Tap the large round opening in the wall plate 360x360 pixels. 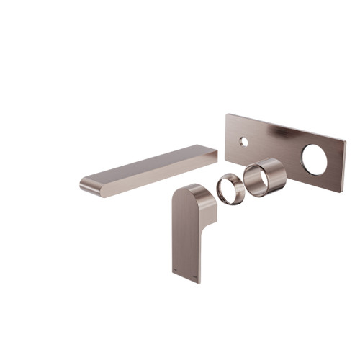point(314,160)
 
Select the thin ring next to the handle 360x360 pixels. point(229,186)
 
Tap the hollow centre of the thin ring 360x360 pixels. point(228,188)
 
